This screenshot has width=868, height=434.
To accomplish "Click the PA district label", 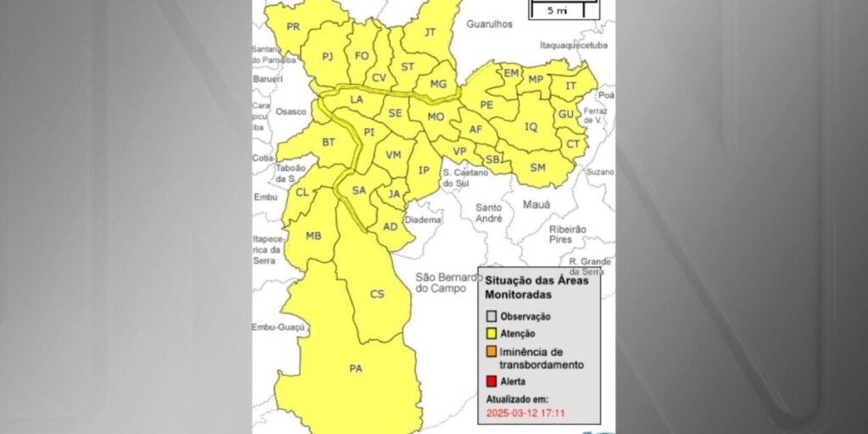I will click(355, 369).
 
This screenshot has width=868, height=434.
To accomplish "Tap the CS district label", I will click(377, 294).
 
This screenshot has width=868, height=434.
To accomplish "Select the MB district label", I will click(314, 236).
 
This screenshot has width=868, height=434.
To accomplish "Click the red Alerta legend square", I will click(491, 381).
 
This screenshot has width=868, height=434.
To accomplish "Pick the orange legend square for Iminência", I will click(491, 352).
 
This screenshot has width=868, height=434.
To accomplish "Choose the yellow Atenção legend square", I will click(491, 334).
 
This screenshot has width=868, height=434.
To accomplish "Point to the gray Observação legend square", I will click(491, 316).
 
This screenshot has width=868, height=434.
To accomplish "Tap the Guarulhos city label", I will click(489, 25).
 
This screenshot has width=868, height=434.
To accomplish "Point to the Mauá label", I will click(537, 204).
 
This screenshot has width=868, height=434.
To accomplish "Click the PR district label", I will click(293, 27).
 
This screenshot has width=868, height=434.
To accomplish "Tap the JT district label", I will click(429, 32).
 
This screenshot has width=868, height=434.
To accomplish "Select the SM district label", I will click(537, 168).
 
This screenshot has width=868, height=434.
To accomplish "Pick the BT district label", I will click(328, 142).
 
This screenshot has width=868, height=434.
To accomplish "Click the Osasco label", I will click(292, 111).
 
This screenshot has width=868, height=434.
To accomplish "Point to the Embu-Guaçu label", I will click(275, 327).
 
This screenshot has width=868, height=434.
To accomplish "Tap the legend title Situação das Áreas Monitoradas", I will click(537, 287).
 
